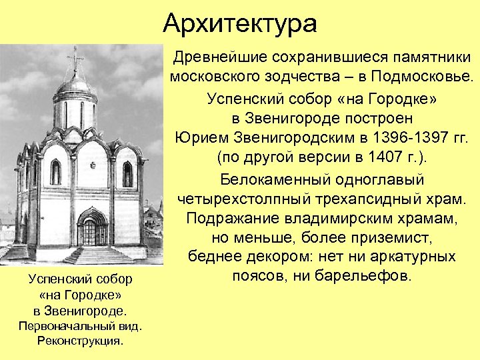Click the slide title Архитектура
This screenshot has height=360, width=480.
click(x=240, y=24)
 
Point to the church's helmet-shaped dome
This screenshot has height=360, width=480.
click(x=75, y=85)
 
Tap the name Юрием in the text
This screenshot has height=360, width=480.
click(x=198, y=138)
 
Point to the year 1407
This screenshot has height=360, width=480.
click(x=373, y=159)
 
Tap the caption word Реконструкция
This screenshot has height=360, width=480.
click(x=80, y=341)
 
